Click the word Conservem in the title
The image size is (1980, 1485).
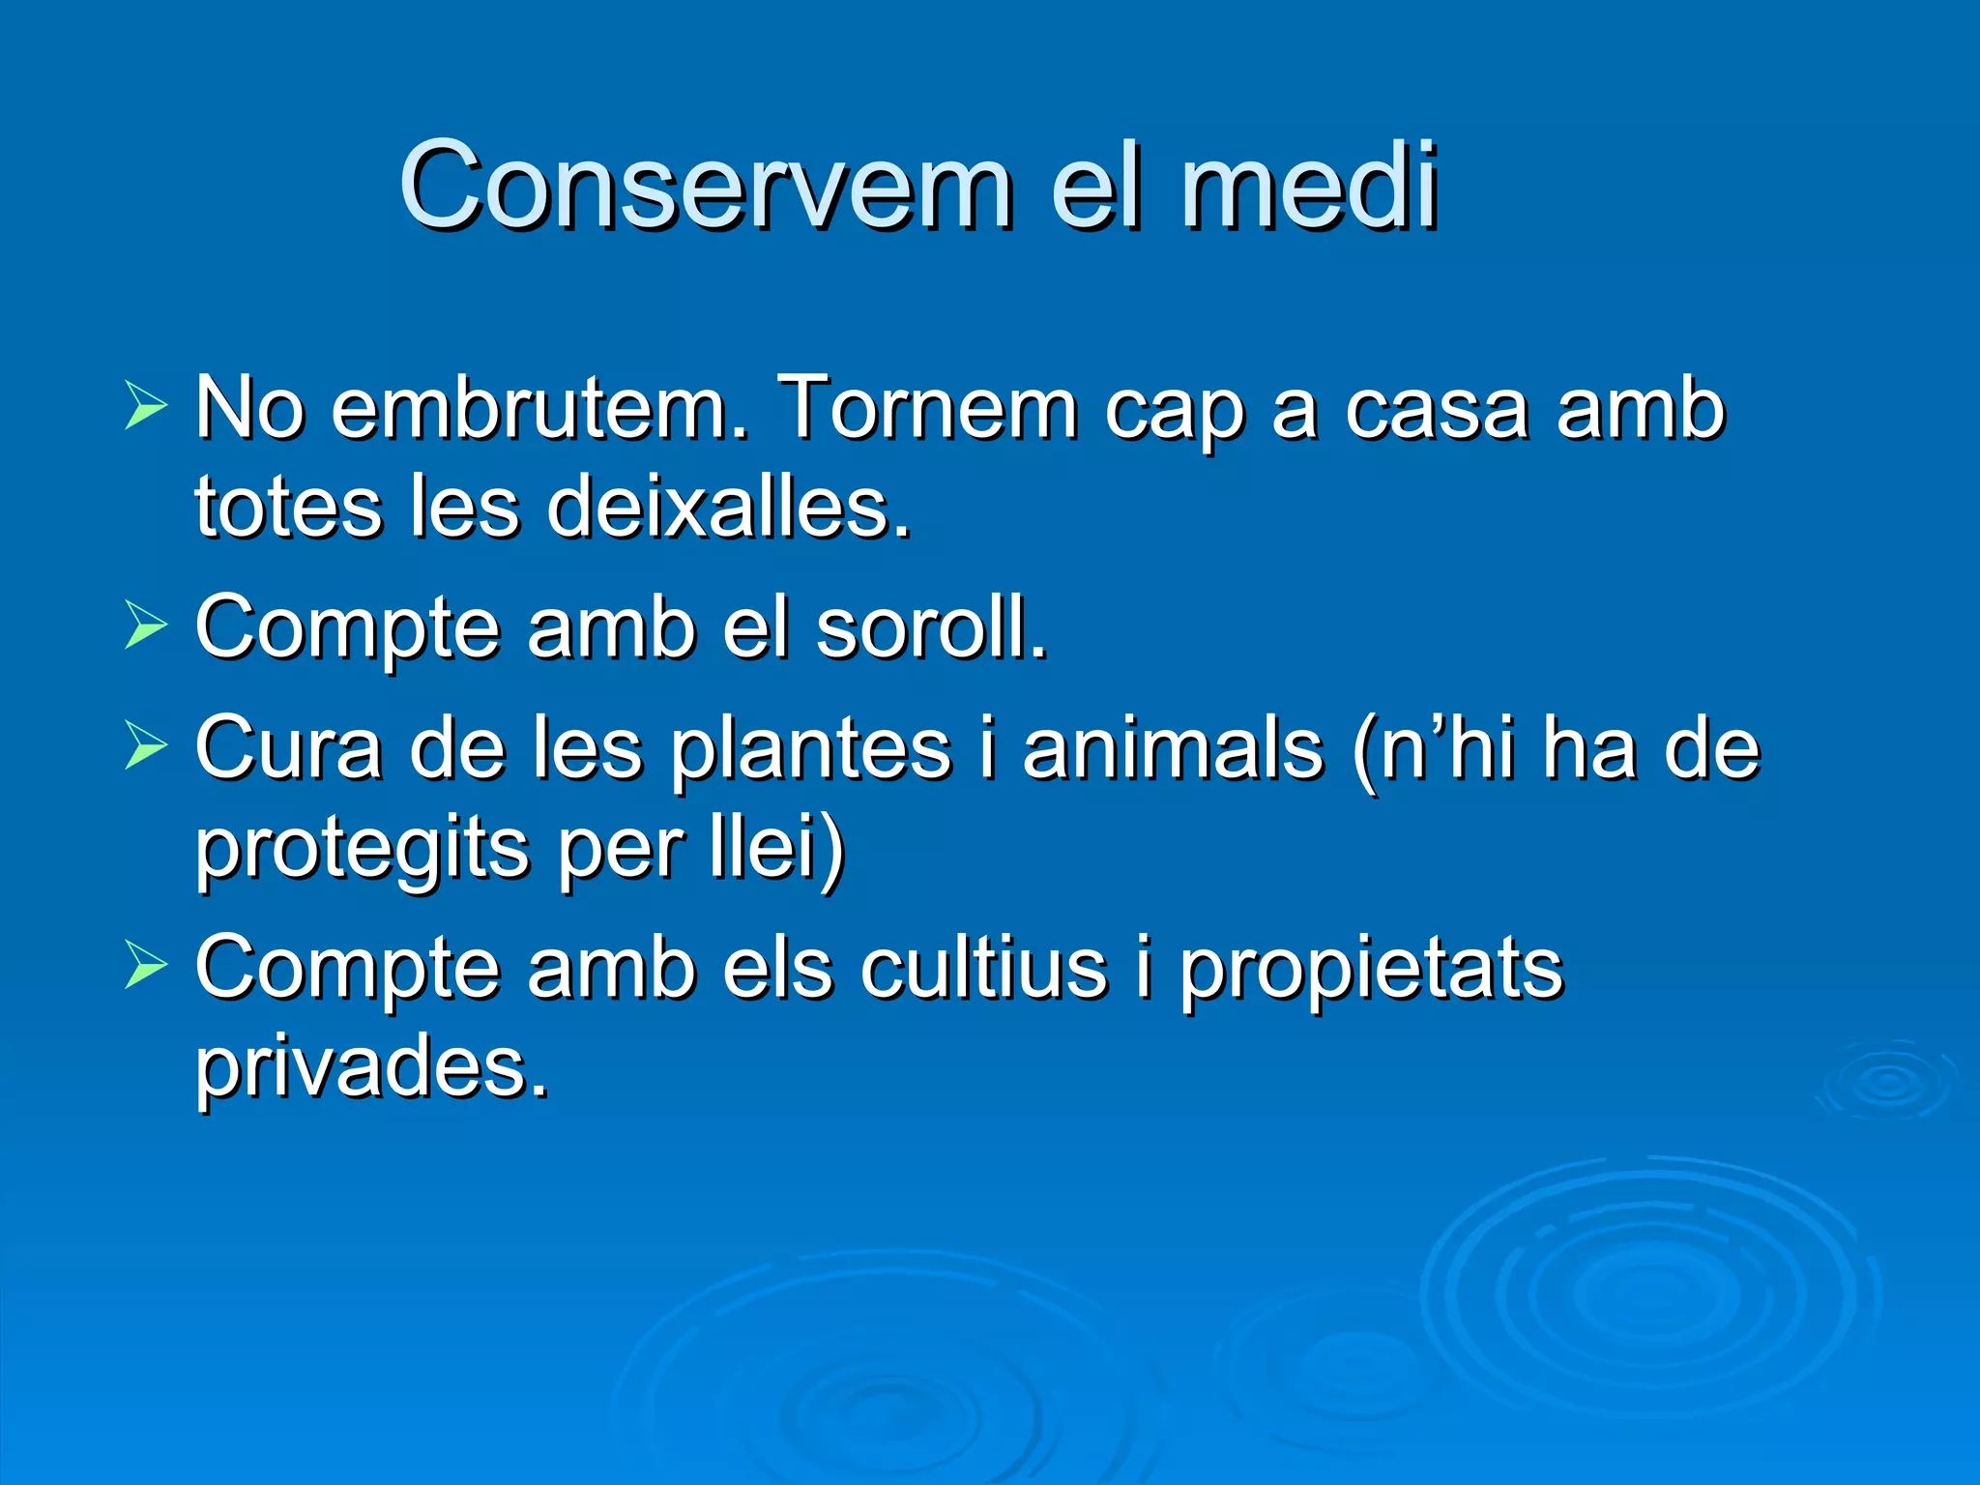(706, 186)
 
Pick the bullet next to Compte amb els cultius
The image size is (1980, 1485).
(145, 964)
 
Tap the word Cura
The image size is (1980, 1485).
(288, 750)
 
